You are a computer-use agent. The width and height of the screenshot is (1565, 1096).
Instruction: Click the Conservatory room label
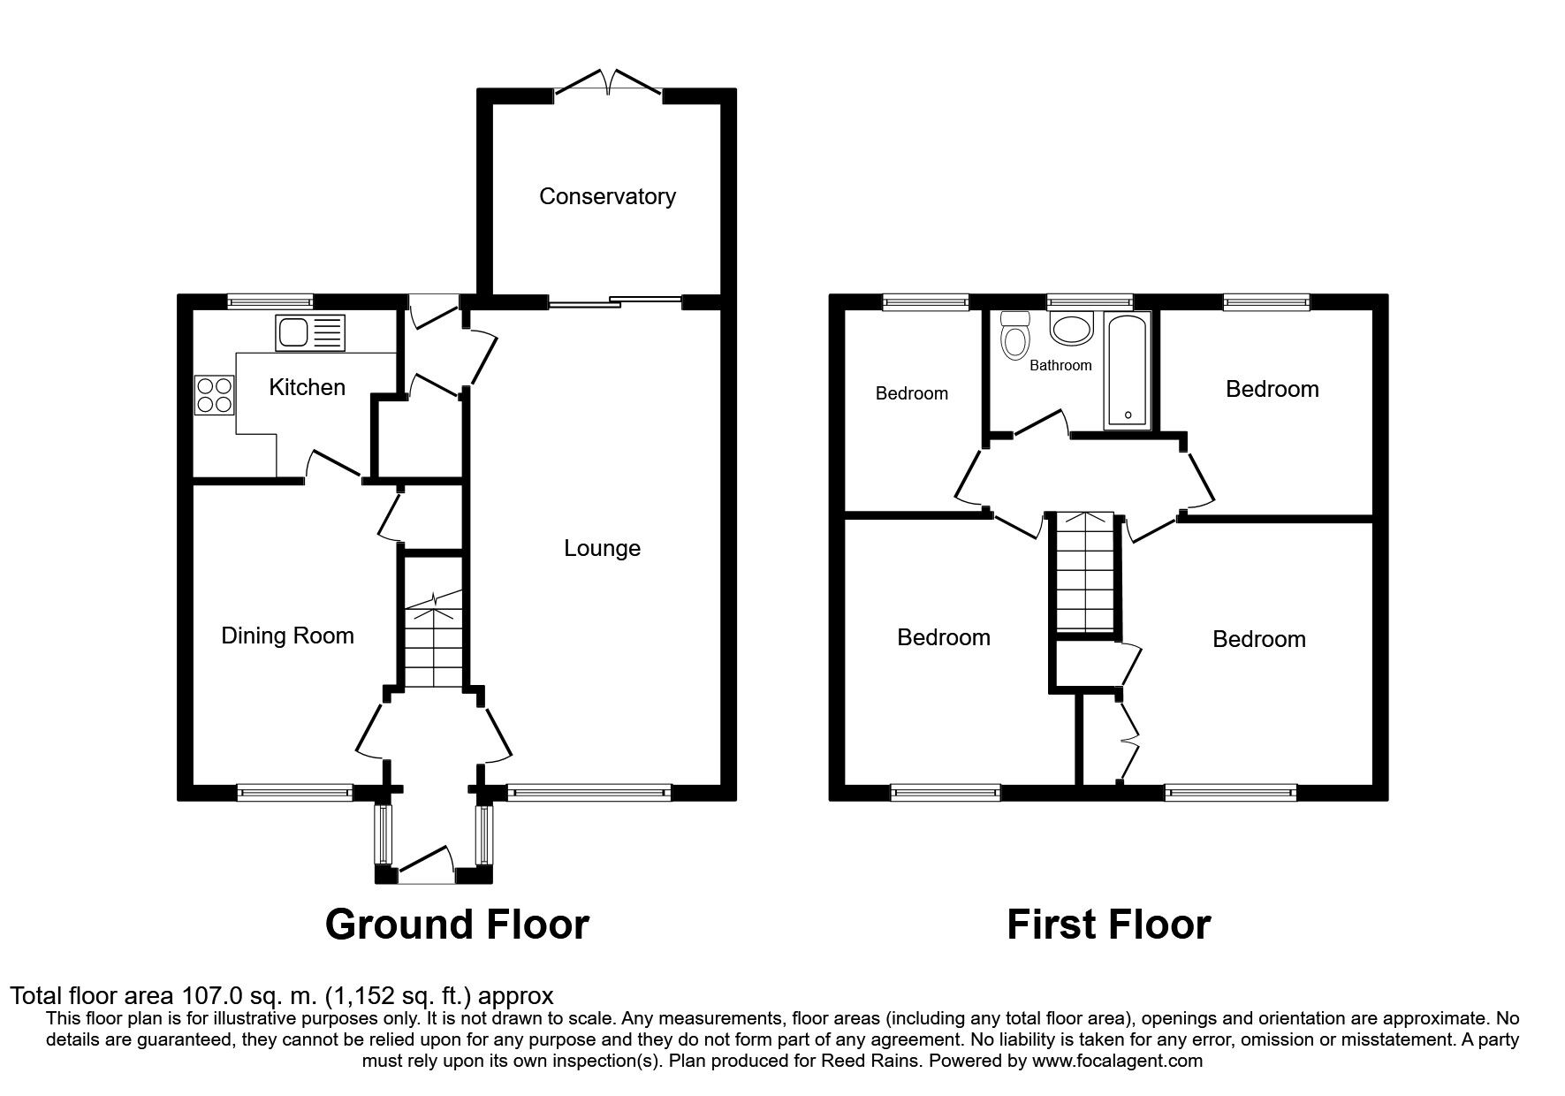[x=607, y=196]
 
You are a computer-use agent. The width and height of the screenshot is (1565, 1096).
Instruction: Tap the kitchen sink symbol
[x=310, y=332]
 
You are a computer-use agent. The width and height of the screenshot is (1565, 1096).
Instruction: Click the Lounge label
[x=602, y=549]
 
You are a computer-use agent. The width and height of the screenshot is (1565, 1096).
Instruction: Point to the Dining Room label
[x=287, y=636]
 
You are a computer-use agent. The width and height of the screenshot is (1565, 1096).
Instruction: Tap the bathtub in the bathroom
[x=1127, y=371]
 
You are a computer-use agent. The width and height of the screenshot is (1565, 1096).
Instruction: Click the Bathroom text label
[x=1060, y=365]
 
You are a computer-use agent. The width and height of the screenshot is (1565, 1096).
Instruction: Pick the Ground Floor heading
[x=457, y=925]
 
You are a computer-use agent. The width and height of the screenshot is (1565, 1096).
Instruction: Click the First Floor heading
[x=1108, y=925]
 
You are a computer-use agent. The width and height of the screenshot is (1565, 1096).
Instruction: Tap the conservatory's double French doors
[x=609, y=84]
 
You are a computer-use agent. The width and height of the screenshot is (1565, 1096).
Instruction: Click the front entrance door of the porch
[x=426, y=867]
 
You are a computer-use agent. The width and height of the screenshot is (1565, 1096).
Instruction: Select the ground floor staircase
[x=434, y=641]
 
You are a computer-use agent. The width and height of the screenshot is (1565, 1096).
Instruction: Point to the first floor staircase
[x=1085, y=573]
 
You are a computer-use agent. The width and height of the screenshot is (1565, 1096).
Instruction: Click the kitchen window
[x=270, y=301]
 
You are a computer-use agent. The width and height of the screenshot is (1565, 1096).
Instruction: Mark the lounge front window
[x=589, y=793]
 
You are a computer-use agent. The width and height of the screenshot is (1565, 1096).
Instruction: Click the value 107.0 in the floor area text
[x=212, y=996]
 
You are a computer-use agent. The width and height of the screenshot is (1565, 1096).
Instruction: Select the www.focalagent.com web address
[x=1116, y=1060]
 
